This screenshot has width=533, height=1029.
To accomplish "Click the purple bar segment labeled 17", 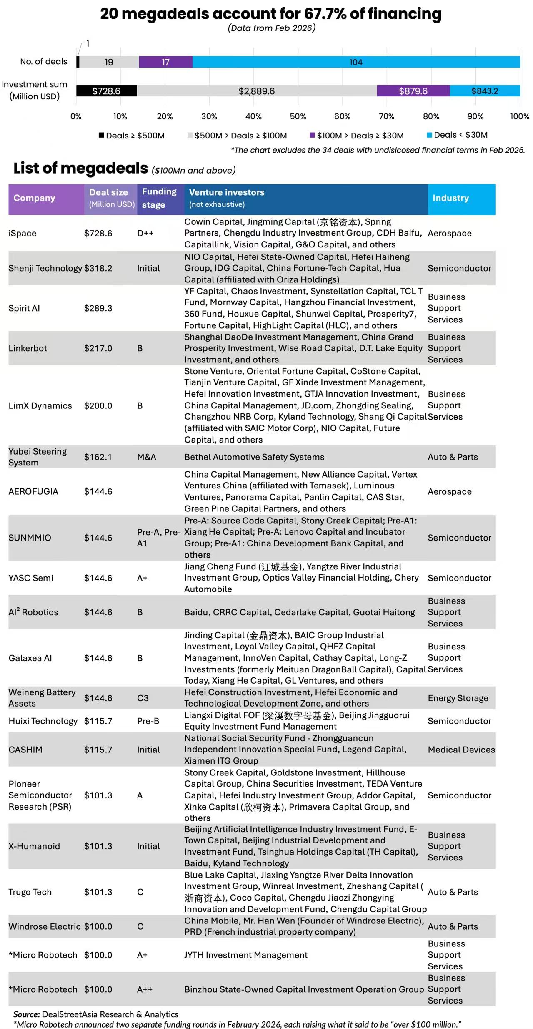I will coord(165,62).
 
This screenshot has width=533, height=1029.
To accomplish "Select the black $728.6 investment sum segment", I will coord(106,91).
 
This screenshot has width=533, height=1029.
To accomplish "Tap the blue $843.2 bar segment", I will coord(485,91).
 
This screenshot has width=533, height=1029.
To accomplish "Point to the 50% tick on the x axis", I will coord(298,116).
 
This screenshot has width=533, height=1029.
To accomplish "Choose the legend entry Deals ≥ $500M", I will coord(132,136).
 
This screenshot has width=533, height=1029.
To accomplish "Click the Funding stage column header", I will coord(159,198).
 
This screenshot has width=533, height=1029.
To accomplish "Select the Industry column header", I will coord(450,198).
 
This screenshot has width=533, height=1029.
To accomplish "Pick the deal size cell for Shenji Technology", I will coord(98,268).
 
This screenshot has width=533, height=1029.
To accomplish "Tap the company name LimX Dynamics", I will coord(40,405).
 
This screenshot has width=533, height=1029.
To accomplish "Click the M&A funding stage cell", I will coord(147,457).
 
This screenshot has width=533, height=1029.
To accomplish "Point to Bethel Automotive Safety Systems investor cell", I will coord(254,457).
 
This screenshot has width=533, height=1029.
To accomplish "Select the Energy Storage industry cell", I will coord(458,698).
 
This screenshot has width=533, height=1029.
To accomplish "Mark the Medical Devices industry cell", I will coord(461,750).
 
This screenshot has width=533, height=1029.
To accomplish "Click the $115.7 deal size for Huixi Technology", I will coord(98,721).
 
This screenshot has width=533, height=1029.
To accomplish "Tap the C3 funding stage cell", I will coord(143,698).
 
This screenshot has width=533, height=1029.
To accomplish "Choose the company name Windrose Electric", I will coord(45,926).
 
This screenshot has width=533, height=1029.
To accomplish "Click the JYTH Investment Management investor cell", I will coord(246,955).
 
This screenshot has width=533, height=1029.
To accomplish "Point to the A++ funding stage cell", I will coord(145,989).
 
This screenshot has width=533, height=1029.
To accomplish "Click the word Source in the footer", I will coord(27,1014).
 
